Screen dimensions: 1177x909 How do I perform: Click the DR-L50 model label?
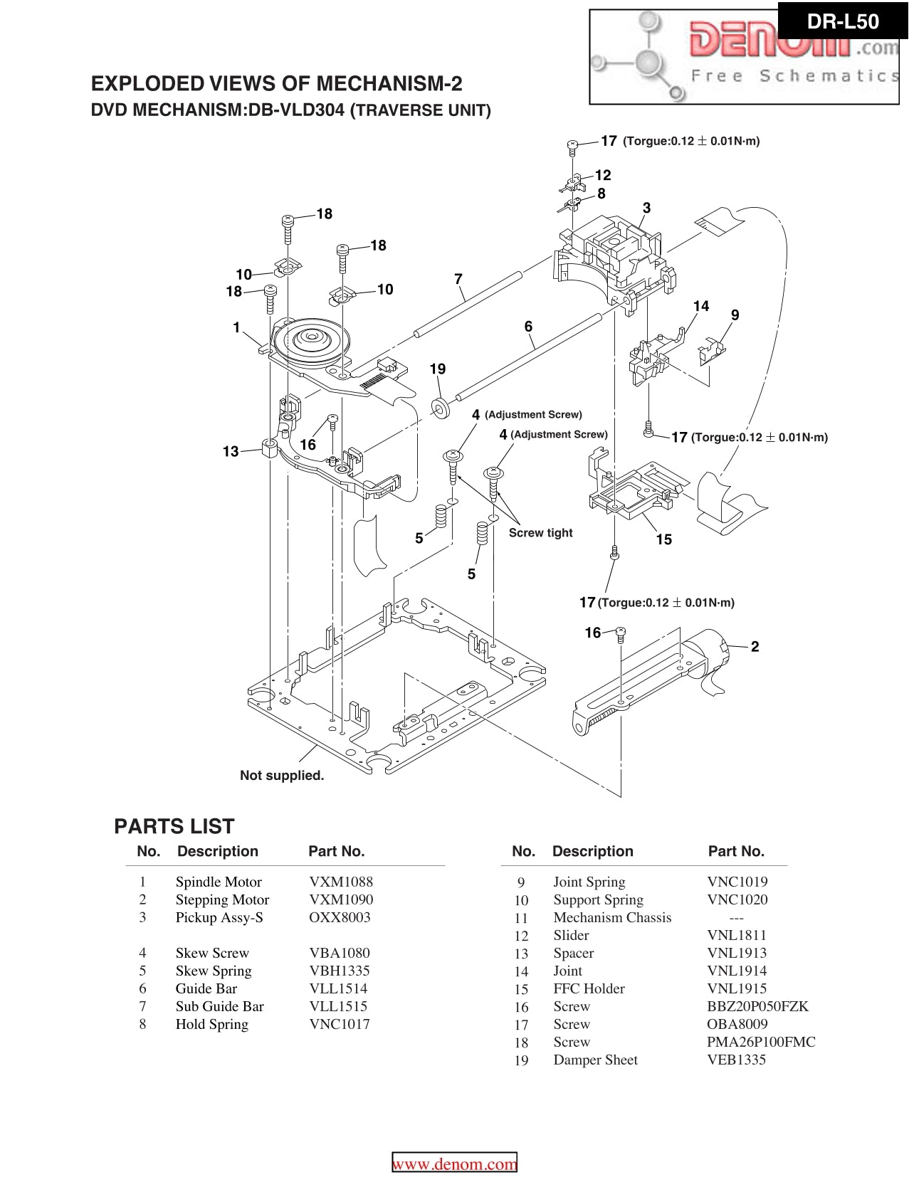pos(843,22)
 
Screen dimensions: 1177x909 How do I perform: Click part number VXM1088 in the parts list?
pos(341,882)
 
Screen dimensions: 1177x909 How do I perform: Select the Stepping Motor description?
pos(222,899)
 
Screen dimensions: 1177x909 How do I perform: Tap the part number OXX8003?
pos(340,917)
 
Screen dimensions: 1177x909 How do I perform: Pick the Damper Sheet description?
pos(595,1060)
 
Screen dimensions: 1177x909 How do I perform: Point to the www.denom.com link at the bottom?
pos(455,1164)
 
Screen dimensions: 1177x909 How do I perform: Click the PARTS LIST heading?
pos(174,826)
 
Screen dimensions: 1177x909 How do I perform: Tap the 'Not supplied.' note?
pos(282,776)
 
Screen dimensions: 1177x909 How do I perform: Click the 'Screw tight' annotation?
pos(540,533)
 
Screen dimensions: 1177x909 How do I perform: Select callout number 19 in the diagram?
pos(438,369)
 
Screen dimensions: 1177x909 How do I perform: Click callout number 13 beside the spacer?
pos(231,451)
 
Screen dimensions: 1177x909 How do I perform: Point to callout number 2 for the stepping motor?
pos(755,646)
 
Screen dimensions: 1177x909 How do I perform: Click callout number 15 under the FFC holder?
pos(663,539)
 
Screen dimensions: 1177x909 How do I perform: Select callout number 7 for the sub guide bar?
pos(458,279)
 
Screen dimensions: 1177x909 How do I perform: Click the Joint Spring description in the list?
pos(589,882)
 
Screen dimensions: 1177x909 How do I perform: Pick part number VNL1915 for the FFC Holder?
pos(737,988)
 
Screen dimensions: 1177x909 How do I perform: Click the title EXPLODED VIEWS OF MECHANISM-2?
pos(276,84)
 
